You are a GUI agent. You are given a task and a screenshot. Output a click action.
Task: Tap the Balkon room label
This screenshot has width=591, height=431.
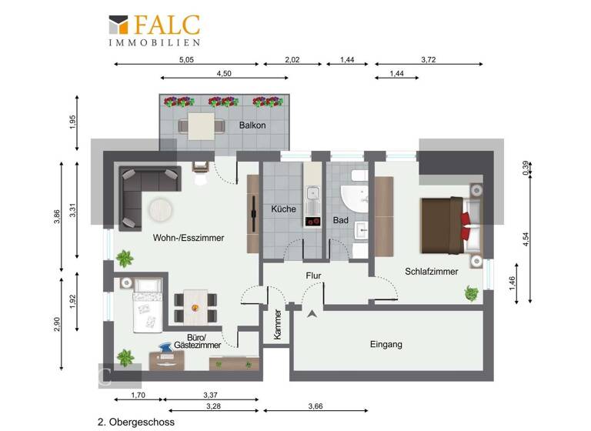coord(252,125)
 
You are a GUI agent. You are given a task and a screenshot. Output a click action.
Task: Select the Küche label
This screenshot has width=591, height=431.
coord(283,209)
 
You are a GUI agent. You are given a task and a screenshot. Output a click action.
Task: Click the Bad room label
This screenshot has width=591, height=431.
coord(341,220)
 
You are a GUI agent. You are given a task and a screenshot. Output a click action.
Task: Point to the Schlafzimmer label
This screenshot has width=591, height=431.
coord(432,271)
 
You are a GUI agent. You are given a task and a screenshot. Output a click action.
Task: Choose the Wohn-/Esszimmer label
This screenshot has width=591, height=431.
coord(189,238)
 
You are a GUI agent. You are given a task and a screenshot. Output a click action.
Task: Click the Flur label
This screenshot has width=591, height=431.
coord(313,275)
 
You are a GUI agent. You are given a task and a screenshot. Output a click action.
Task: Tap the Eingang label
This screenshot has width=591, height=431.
coord(386,344)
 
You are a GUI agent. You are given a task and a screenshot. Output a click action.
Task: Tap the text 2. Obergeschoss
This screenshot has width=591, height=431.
coord(136,422)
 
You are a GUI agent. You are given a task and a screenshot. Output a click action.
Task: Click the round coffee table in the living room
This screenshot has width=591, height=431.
coord(162,209)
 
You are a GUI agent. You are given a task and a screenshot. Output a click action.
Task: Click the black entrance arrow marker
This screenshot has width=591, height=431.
coord(312,313)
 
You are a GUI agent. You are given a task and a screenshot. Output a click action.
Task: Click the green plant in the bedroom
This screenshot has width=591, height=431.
coord(471,292)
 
